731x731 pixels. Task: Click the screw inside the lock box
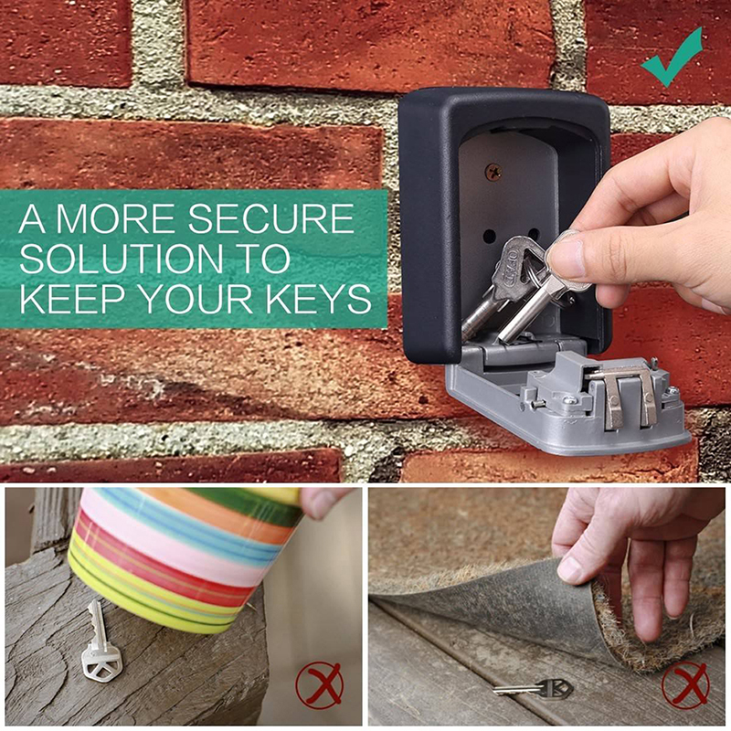click(493, 173)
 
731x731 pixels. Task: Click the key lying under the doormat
click(533, 688)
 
